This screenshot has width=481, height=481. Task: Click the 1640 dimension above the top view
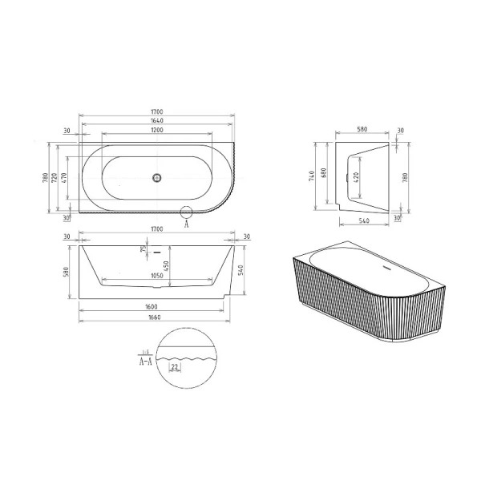[157, 122]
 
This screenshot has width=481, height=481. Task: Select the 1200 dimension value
[157, 131]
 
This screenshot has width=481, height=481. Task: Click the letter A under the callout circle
[187, 225]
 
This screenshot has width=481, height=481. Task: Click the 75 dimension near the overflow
[143, 250]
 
